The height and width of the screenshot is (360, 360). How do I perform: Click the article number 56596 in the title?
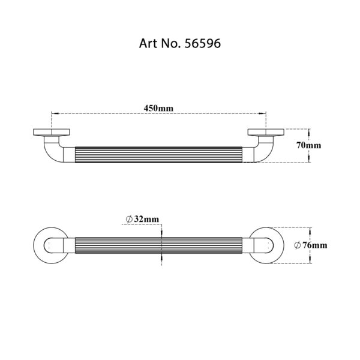(x=203, y=43)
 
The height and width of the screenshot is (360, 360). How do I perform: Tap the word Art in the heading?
(x=148, y=43)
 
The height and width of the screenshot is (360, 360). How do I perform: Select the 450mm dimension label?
(x=158, y=108)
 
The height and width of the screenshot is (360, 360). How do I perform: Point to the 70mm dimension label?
(x=308, y=145)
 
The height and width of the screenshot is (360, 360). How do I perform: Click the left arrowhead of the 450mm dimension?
(x=55, y=113)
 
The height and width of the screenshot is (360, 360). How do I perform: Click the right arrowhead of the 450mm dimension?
(x=262, y=113)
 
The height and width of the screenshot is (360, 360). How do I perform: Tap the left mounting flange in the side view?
(x=52, y=132)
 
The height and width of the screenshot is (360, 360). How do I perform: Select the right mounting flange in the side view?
(x=266, y=132)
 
